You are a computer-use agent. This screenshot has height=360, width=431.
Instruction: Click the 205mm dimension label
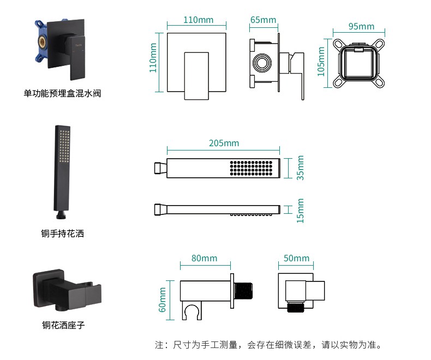click(224, 143)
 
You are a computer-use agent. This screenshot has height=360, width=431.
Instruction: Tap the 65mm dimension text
click(263, 20)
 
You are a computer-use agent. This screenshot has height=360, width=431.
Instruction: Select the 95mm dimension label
click(361, 26)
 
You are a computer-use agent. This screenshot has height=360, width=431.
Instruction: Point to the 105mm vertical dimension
click(321, 61)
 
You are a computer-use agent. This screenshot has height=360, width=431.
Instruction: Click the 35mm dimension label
click(300, 167)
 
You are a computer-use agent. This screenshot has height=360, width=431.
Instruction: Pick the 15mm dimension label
click(300, 210)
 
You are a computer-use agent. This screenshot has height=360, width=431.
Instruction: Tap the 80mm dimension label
click(204, 258)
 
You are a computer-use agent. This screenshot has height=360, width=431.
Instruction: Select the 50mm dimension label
click(296, 258)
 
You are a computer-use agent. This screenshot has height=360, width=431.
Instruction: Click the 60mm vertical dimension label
click(162, 300)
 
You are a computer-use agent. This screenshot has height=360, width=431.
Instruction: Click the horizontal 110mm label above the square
click(198, 20)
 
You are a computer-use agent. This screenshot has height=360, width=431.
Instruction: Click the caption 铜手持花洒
click(63, 234)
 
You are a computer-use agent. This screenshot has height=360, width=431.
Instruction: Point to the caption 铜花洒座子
click(63, 325)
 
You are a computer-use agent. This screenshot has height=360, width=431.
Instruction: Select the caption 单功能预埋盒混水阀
click(62, 93)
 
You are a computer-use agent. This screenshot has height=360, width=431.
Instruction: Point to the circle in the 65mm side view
click(262, 63)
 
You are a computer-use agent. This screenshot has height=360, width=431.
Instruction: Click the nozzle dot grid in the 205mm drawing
click(250, 168)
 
